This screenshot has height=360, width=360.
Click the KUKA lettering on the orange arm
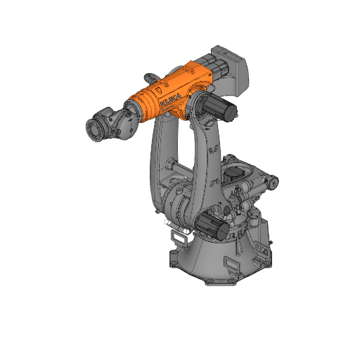[172, 98]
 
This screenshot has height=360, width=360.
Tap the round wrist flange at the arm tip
[92, 129]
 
